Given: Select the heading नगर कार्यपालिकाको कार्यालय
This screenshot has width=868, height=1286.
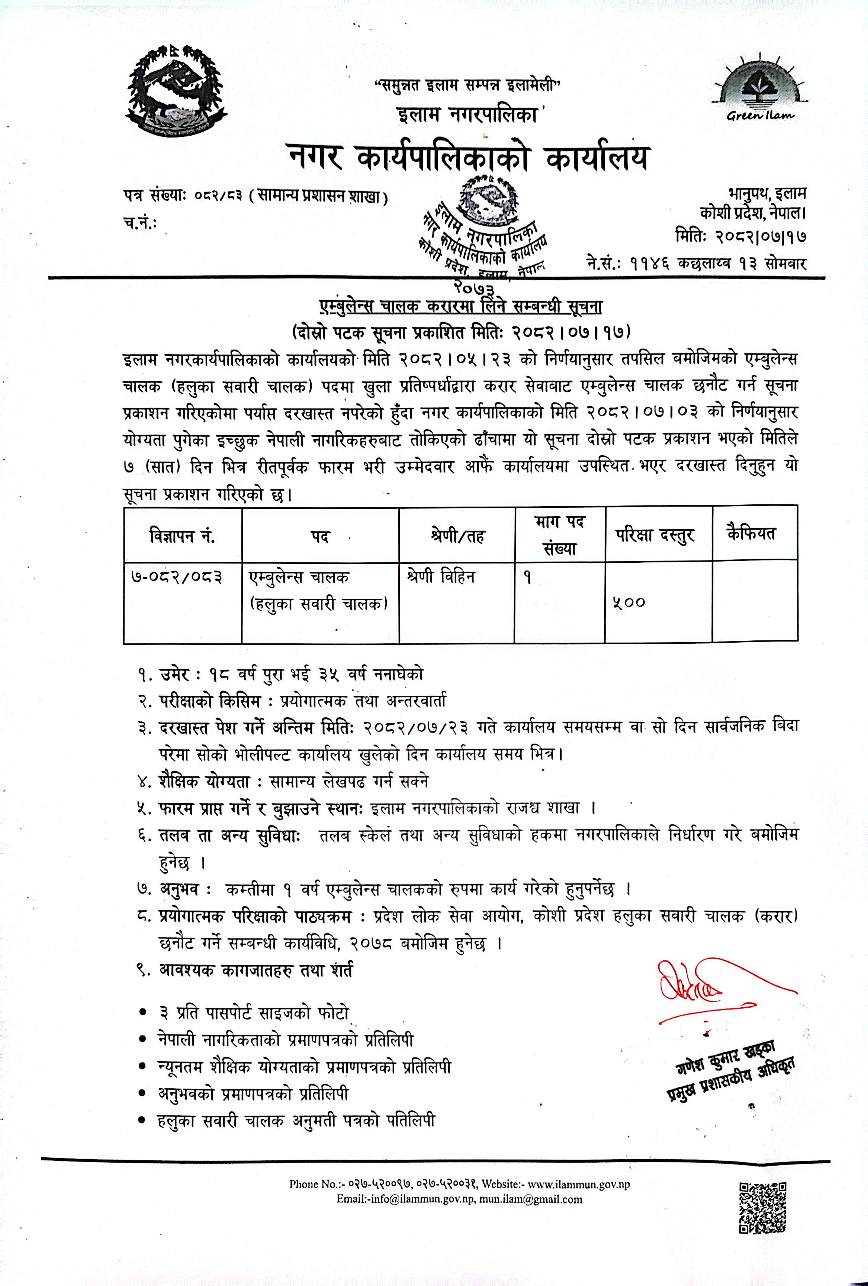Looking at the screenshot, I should coord(468,156).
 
